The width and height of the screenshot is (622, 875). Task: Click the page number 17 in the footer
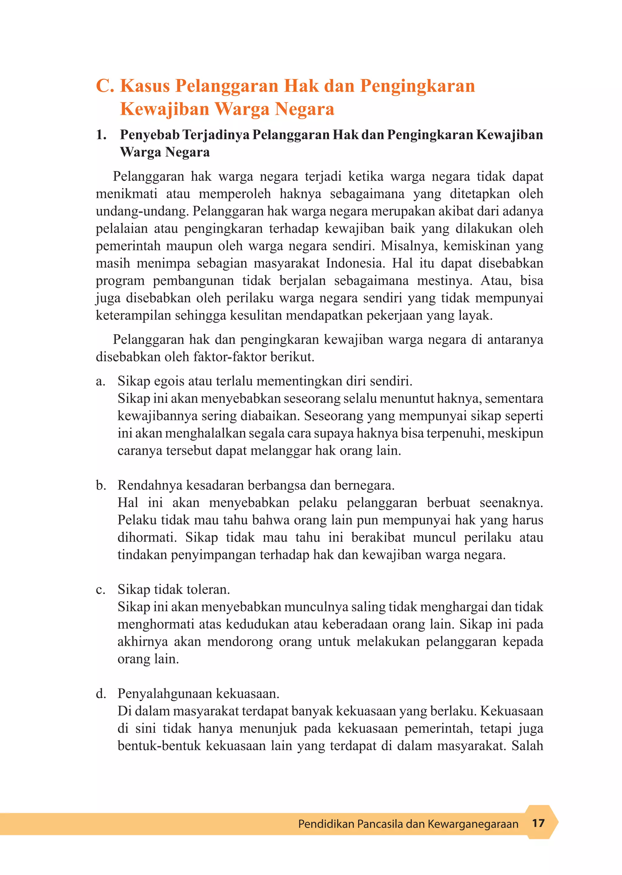[x=538, y=823]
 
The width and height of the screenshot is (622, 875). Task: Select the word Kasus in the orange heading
[x=145, y=86]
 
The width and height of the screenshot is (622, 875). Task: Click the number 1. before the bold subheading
[x=101, y=135]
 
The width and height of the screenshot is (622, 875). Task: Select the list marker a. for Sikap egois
[x=100, y=382]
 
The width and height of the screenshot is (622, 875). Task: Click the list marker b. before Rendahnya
[x=101, y=486]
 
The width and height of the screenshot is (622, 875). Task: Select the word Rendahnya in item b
[x=150, y=486]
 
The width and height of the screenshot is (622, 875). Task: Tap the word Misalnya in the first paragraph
[x=409, y=246]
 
